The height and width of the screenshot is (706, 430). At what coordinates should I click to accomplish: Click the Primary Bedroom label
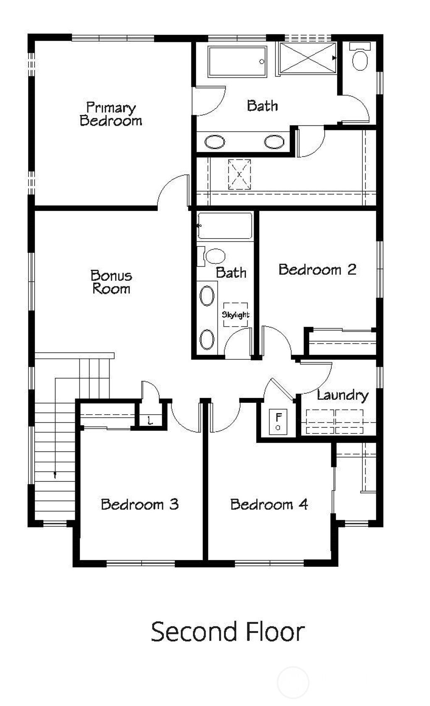pos(111,114)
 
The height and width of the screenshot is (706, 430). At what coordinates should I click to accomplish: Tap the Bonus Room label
pos(111,282)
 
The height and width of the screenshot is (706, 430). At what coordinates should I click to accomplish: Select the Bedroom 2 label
pos(317,269)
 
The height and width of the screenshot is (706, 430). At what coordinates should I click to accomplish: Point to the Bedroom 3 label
pos(140,504)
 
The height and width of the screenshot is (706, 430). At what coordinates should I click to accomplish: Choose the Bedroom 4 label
pos(269,504)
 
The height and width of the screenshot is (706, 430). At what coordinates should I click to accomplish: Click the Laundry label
pos(342,395)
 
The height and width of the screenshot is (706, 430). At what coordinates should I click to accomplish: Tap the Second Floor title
pos(228,632)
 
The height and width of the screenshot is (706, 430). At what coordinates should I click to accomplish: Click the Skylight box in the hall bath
pos(235,314)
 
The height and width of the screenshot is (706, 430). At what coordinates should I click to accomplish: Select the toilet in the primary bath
pos(360,59)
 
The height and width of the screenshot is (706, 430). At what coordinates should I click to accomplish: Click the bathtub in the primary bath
pos(237,62)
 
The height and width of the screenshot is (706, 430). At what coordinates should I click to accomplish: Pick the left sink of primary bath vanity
pos(215,142)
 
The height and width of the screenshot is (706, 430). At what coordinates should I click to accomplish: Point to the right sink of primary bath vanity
pos(274,142)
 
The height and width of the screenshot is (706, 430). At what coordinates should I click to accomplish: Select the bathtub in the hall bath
pos(225,226)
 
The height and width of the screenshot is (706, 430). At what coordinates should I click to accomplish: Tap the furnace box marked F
pos(278,421)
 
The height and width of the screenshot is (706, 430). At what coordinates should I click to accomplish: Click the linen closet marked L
pos(150,420)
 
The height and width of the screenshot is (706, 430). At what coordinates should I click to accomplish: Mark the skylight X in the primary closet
pos(239,174)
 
